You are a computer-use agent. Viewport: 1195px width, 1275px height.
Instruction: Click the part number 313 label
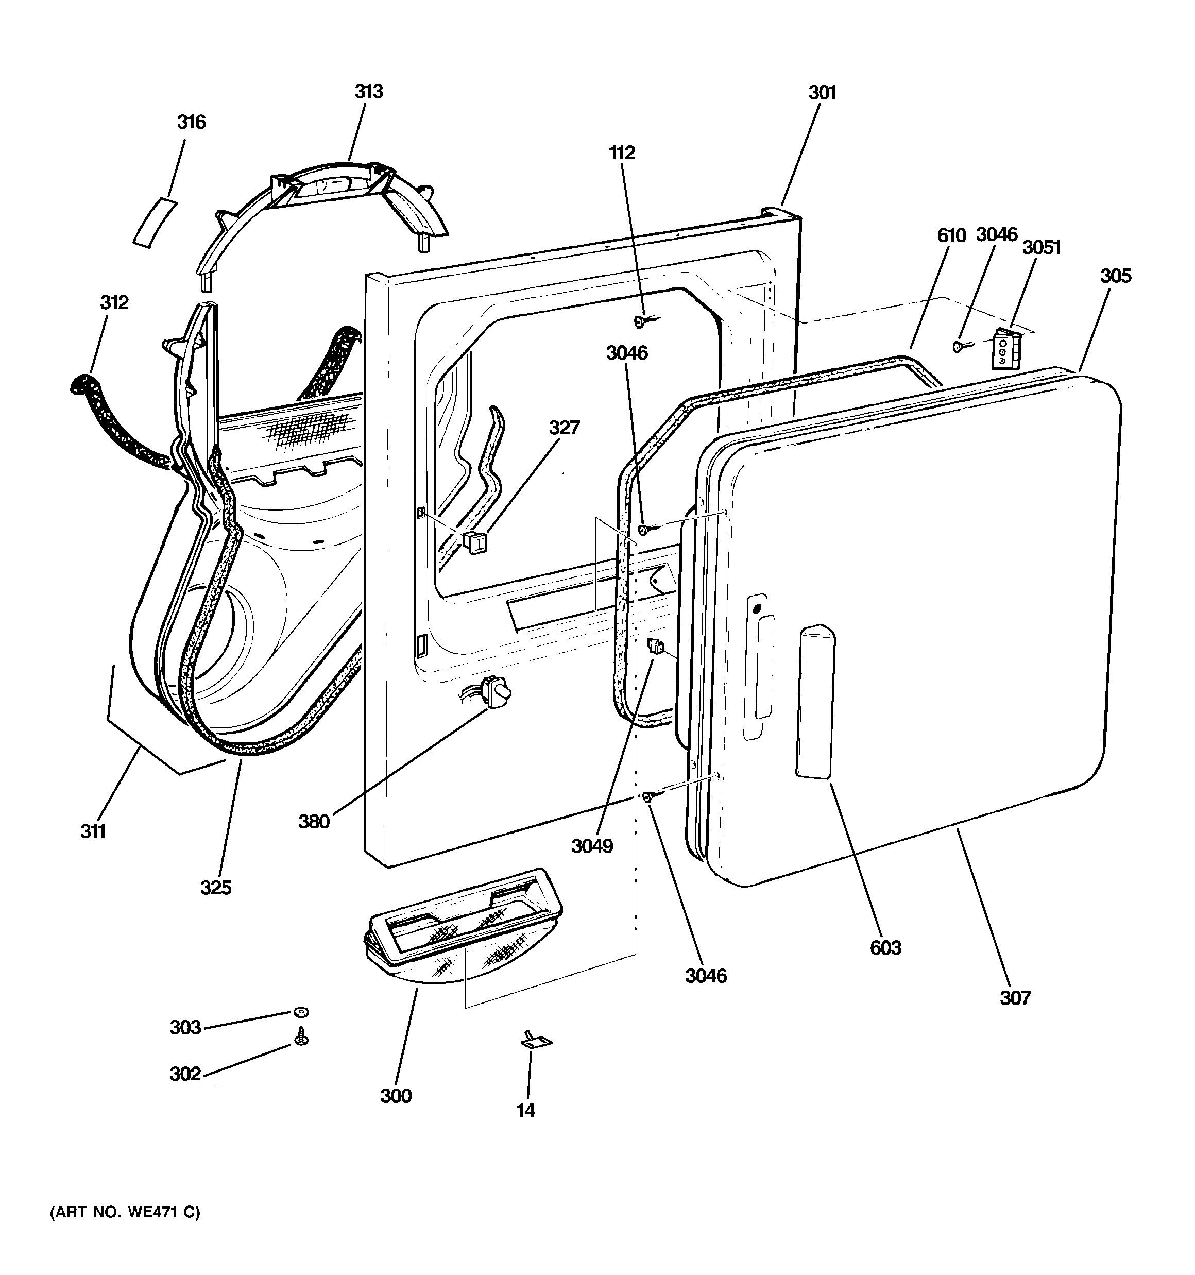(369, 92)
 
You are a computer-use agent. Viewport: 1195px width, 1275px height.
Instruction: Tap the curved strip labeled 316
(154, 222)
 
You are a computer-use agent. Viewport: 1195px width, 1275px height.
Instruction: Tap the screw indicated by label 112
(640, 321)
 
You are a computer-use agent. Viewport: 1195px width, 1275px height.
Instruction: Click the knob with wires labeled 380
(498, 693)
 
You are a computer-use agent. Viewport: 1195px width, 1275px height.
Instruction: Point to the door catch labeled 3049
(654, 646)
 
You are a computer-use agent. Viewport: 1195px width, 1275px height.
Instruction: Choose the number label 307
(1015, 997)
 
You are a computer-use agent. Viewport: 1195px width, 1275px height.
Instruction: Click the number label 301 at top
(822, 93)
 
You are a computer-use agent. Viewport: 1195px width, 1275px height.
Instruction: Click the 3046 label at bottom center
(706, 976)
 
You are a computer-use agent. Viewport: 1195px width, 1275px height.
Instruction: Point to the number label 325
(215, 888)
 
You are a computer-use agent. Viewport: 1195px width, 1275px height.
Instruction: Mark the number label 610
(951, 235)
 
